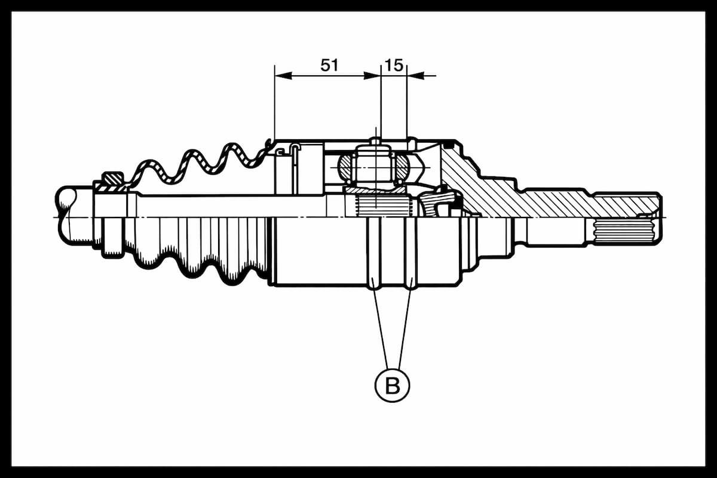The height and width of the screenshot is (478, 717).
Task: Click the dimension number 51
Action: (x=329, y=65)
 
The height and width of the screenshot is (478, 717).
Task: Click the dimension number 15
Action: (x=394, y=65)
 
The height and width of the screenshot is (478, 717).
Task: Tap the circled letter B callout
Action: (x=392, y=385)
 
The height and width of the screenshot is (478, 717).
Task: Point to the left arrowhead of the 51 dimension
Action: (x=283, y=76)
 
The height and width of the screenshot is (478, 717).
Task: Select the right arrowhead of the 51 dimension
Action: (x=372, y=76)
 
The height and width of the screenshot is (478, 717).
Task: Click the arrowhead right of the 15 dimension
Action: (x=415, y=76)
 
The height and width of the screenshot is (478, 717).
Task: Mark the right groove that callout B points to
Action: (x=410, y=253)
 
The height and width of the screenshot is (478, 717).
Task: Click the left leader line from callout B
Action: (x=381, y=328)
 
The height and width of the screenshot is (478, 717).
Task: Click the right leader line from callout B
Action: (x=405, y=328)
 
